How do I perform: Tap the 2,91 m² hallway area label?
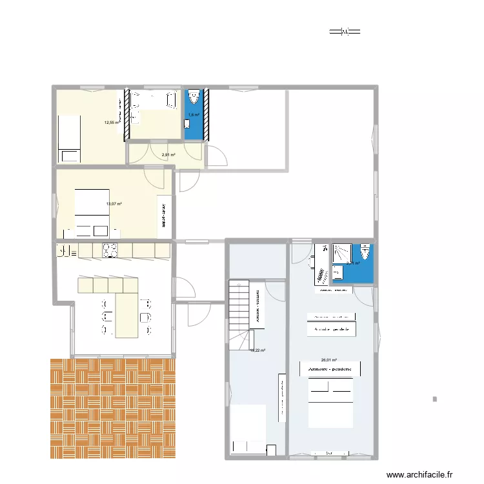[168, 155]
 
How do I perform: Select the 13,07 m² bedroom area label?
[114, 205]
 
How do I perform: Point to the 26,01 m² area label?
[328, 361]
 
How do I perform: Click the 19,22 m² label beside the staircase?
[257, 350]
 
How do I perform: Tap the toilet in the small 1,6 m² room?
[195, 99]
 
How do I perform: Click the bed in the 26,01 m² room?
[330, 403]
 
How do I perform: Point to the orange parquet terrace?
[113, 408]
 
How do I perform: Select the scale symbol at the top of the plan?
[344, 31]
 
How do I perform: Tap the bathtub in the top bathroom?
[154, 99]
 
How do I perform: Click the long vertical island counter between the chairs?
[126, 316]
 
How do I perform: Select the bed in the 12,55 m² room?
[70, 138]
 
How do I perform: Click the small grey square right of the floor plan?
[435, 400]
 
